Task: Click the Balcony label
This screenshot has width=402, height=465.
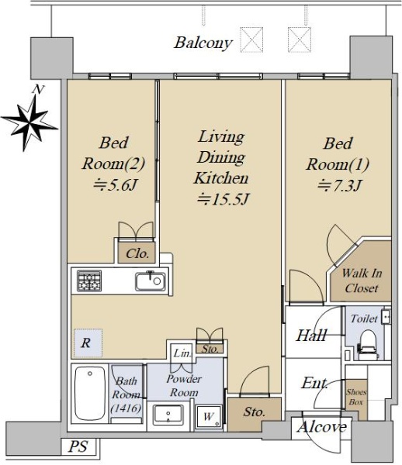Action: coord(203,43)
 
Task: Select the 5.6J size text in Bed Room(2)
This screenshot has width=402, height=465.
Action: coord(115,186)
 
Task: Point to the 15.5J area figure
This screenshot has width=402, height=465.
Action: coord(223,199)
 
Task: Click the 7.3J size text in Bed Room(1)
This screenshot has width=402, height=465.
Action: coord(339,186)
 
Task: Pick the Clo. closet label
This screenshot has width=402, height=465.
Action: coord(137,254)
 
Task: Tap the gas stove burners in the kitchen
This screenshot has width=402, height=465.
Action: coord(89,281)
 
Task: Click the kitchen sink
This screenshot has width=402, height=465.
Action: coord(151,281)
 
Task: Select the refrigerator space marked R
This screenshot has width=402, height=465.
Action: coord(88,343)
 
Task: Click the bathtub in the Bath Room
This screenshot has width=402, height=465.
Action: coord(90,393)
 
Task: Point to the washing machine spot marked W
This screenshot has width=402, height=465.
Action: coord(209,417)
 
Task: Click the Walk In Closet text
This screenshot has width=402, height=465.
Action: coord(362,281)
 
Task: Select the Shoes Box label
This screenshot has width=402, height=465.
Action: coord(356,397)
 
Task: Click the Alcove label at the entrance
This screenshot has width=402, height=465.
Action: coord(322,427)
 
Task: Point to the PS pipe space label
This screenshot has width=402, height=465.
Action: coord(78,446)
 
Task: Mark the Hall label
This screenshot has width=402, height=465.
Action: coord(312,336)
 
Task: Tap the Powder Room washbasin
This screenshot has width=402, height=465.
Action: coord(168,415)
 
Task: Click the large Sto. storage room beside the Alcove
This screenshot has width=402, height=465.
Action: coord(254,412)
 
